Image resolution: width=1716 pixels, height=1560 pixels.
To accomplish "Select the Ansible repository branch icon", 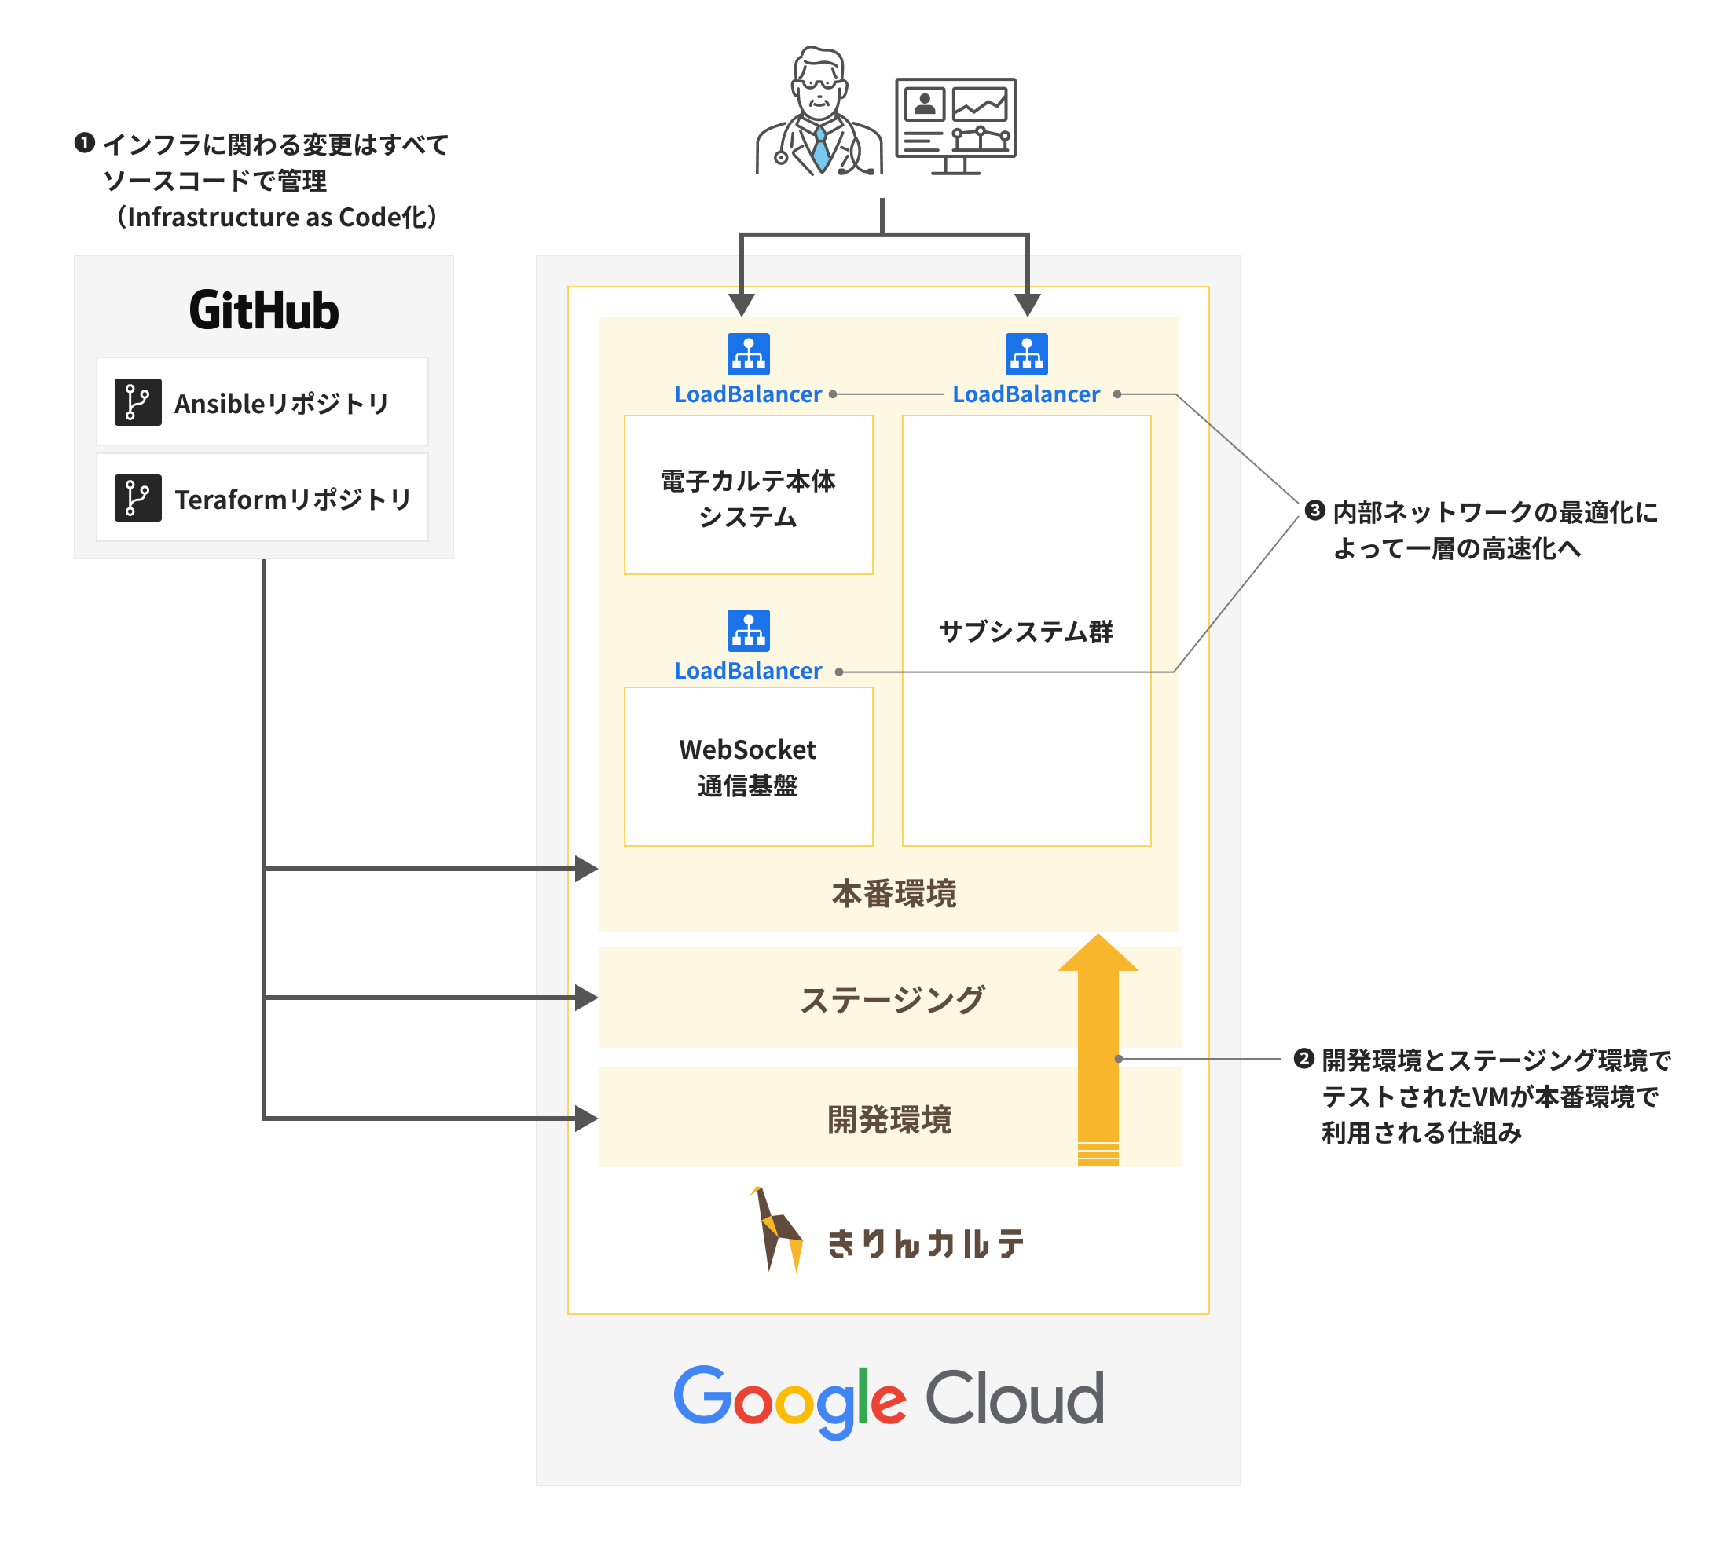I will coord(138,401).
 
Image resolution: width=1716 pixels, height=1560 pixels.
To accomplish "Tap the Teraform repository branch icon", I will coord(138,498).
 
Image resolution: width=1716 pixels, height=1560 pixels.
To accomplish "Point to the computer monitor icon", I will coord(956,123).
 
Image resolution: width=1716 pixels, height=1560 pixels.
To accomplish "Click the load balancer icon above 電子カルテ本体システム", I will coord(748,354).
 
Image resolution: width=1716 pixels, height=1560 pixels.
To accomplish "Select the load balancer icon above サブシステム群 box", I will coord(1026,354).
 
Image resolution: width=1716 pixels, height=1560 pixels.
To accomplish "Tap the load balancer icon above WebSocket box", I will coord(748,631).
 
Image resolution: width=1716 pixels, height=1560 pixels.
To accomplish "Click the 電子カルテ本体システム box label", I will coord(748,499).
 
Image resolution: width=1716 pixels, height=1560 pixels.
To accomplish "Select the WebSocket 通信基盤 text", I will coord(748,767).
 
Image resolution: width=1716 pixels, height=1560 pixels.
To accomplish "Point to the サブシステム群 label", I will coord(1025,632).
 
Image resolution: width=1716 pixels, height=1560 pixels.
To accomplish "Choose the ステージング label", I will coord(892,1000).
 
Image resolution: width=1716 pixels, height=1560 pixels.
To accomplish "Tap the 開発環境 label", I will coord(889,1120).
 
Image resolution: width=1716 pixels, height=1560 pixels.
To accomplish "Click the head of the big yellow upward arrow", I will coord(1098,955).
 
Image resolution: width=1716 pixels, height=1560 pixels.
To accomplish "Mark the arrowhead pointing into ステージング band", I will coord(586,998).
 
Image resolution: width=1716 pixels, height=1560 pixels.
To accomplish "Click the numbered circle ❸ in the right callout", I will coord(1315,511).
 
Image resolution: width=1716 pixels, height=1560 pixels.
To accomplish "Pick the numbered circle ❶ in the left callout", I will coord(84,142).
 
